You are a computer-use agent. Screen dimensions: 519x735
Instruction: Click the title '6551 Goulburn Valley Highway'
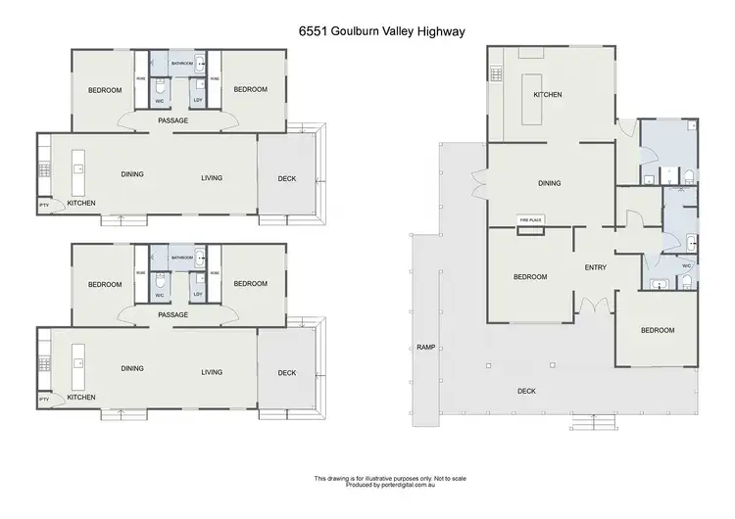point(367,30)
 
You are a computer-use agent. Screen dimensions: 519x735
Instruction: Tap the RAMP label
point(425,347)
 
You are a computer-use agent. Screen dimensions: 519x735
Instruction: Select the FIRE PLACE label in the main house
point(530,220)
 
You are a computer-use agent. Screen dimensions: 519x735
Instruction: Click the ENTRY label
point(595,267)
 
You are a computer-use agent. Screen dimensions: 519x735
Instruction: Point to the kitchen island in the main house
point(536,99)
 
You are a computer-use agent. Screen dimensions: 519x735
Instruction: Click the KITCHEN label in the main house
point(547,95)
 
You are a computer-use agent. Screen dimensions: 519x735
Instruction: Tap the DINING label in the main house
point(549,183)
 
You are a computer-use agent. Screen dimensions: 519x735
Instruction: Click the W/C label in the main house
point(687,264)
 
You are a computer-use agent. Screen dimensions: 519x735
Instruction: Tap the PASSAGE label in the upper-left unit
point(173,120)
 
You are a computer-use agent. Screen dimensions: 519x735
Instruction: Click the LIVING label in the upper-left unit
point(212,177)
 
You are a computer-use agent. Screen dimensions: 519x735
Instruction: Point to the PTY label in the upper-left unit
point(43,205)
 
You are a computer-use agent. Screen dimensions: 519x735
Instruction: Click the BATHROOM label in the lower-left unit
point(182,258)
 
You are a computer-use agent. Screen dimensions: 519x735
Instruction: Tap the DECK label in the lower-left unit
point(287,372)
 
